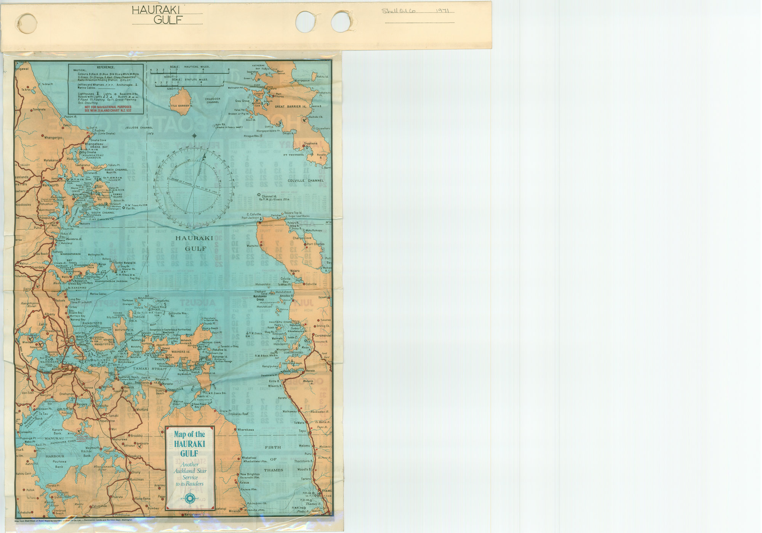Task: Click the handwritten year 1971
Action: click(442, 11)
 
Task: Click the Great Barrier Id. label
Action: click(290, 107)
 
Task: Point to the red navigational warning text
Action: click(108, 109)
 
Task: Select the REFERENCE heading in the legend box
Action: click(106, 67)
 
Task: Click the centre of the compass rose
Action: click(194, 186)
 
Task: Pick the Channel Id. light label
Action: click(269, 196)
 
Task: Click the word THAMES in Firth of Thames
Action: click(274, 470)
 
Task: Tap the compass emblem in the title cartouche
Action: click(190, 498)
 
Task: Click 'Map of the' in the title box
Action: click(189, 434)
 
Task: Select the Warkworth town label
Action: click(50, 185)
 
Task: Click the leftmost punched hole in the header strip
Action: click(27, 23)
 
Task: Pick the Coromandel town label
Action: click(323, 336)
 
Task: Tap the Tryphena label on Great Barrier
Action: click(311, 144)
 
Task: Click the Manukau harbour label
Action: click(54, 438)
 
